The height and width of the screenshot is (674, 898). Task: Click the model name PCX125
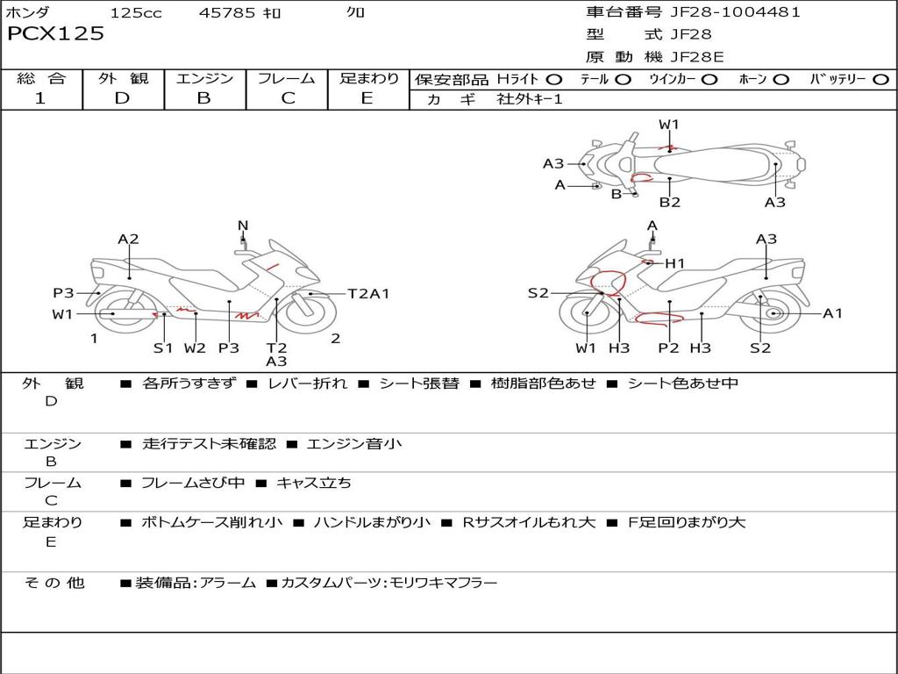tap(55, 34)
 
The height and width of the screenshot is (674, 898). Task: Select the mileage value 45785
tap(227, 13)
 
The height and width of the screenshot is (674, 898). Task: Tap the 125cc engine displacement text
tap(136, 13)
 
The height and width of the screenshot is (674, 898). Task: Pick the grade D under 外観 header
tap(122, 98)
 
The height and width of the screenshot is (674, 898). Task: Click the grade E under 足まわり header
tap(367, 98)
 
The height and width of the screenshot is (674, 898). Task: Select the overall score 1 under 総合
tap(40, 98)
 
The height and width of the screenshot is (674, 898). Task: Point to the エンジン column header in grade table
tap(204, 79)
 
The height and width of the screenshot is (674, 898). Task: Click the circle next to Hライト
tap(554, 80)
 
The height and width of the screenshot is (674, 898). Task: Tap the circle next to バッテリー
tap(880, 80)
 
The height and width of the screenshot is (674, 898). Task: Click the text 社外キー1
tap(530, 99)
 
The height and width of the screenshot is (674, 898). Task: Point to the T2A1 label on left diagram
tap(368, 294)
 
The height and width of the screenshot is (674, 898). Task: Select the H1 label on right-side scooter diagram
tap(674, 263)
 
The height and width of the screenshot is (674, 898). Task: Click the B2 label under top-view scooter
tap(670, 203)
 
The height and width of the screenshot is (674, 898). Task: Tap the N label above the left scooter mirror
tap(243, 226)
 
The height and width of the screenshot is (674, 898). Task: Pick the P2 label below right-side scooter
tap(668, 348)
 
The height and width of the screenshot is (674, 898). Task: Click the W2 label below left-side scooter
tap(195, 348)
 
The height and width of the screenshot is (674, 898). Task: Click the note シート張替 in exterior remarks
tap(418, 384)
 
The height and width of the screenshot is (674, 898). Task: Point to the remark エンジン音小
tap(354, 444)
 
